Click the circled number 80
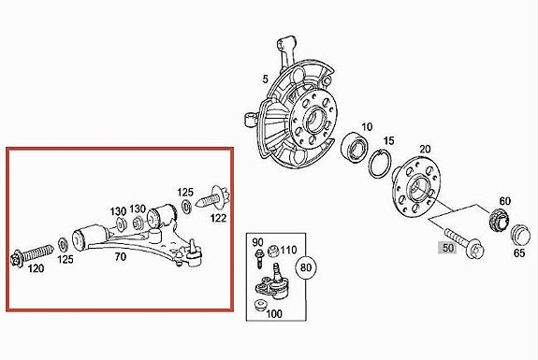(306, 267)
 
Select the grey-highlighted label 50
(447, 248)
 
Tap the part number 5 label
(265, 79)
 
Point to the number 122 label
(219, 218)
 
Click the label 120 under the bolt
(36, 268)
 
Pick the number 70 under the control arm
(121, 256)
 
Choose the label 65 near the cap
(519, 252)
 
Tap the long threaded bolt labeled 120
(32, 254)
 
